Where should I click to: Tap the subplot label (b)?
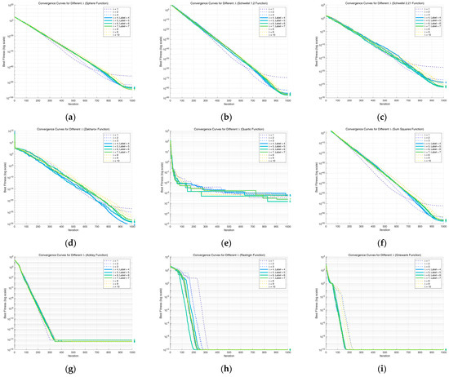[224, 113]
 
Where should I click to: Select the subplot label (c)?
[375, 113]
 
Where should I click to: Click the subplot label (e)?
[224, 239]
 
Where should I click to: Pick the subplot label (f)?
[375, 239]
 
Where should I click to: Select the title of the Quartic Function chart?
[224, 130]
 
